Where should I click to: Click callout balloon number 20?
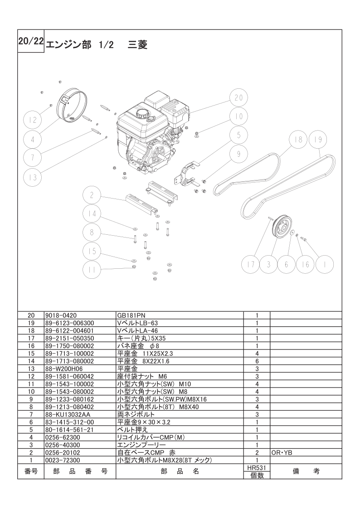click(238, 97)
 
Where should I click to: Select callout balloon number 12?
click(33, 120)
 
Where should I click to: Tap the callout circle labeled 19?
click(318, 139)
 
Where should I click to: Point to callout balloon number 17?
click(251, 264)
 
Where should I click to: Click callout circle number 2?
click(92, 195)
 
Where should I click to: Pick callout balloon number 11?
click(92, 270)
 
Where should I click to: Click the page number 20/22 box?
click(31, 41)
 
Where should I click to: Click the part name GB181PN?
click(129, 315)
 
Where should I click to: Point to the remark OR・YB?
click(282, 452)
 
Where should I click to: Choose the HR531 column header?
click(257, 468)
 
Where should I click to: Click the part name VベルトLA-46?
click(137, 330)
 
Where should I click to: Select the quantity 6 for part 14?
click(257, 361)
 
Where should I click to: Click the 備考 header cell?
click(306, 471)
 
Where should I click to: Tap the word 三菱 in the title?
click(137, 44)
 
